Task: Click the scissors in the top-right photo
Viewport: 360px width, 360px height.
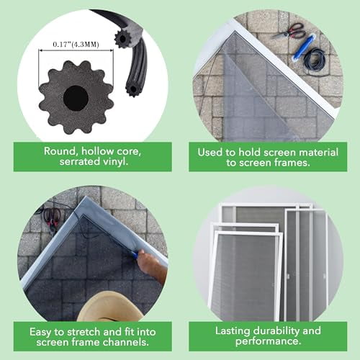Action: [288, 31]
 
